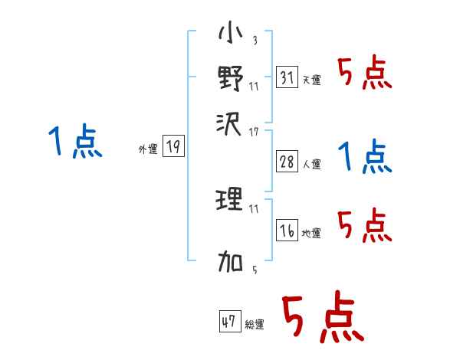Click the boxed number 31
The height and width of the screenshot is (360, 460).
(x=286, y=77)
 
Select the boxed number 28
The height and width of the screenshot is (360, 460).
(x=286, y=162)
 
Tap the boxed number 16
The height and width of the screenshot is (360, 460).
(x=286, y=231)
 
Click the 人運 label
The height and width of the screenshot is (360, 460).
(x=311, y=164)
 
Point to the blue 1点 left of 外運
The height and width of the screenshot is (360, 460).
(x=74, y=142)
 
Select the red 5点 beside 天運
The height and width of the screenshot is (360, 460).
(x=364, y=74)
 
